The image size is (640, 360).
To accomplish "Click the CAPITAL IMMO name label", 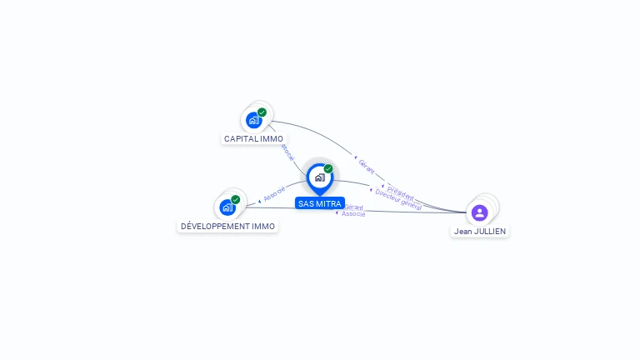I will [253, 138].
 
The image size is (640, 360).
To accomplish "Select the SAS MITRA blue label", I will [320, 203].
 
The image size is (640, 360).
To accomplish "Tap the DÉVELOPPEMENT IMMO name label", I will [227, 226].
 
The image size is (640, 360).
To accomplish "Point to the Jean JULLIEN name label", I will [479, 231].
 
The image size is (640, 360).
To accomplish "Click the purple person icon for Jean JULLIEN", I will [479, 212].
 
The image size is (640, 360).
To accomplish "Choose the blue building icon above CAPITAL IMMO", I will [254, 120].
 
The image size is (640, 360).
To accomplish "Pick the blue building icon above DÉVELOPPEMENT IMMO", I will [227, 207].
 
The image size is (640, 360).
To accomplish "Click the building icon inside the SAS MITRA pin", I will [319, 177].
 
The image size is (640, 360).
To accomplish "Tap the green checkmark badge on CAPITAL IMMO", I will [262, 112].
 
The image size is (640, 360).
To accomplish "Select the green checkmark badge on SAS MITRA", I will [328, 168].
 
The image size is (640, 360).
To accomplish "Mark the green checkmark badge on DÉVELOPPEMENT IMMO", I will [236, 199].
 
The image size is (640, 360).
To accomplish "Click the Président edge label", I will [401, 191].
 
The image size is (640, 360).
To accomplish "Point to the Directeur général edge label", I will [399, 199].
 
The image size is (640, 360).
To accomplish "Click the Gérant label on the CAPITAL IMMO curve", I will [367, 166].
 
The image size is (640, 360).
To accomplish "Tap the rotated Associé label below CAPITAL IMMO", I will [287, 151].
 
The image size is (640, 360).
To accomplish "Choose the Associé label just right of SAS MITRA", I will [354, 214].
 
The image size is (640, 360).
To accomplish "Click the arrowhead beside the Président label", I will [383, 186].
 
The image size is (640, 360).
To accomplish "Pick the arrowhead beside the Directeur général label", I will [372, 192].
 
